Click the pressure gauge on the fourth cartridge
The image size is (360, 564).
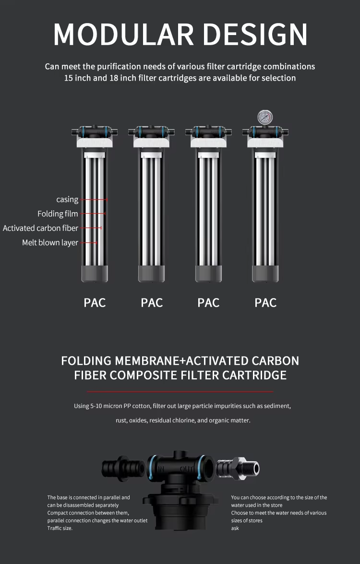click(265, 117)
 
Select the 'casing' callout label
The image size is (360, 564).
click(67, 199)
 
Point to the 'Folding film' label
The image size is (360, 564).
click(58, 214)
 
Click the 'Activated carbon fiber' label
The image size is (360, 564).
click(40, 228)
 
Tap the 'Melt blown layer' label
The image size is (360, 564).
click(50, 243)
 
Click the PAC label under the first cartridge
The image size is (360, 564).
click(95, 303)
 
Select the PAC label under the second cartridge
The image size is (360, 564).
click(152, 303)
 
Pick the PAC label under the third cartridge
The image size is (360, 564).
click(209, 303)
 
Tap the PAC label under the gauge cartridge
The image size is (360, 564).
click(265, 303)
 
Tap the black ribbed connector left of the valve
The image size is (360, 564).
click(124, 468)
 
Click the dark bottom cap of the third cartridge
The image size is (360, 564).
click(209, 274)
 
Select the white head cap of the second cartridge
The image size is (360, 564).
click(151, 143)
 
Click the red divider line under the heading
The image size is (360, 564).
click(180, 391)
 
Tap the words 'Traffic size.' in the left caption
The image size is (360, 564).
click(60, 528)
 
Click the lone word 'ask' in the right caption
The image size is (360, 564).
click(235, 528)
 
